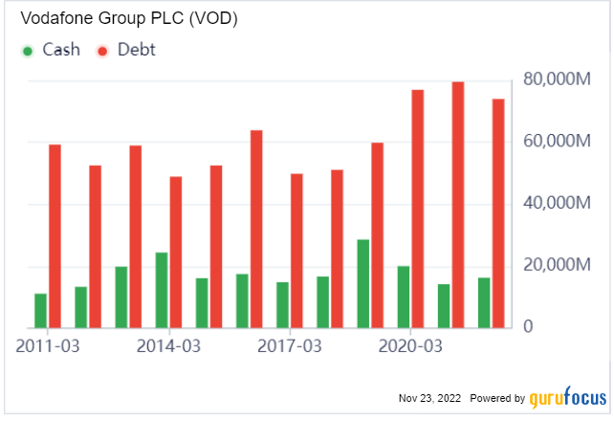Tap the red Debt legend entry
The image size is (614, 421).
tap(126, 50)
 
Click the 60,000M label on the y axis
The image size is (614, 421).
tap(559, 141)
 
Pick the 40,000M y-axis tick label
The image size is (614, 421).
tap(559, 203)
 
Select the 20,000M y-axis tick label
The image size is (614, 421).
tap(559, 265)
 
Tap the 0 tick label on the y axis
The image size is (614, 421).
tap(526, 327)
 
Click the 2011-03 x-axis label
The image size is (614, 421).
tap(48, 344)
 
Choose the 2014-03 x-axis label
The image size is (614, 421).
tap(169, 344)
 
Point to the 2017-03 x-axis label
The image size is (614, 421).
tap(290, 344)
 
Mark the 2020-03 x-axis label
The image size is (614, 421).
tap(410, 344)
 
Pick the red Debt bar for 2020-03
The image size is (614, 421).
tap(418, 210)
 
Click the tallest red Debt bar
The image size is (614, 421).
tap(458, 206)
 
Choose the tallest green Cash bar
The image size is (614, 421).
tap(363, 284)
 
